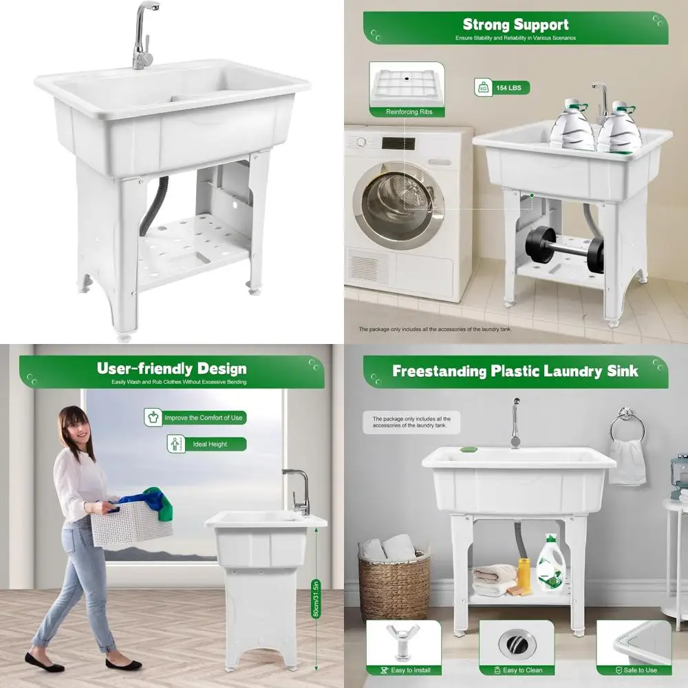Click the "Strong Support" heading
click(515, 25)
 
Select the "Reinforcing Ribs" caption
click(409, 111)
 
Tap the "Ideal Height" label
click(209, 444)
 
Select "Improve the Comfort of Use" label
click(204, 418)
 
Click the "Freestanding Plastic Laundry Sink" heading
click(515, 372)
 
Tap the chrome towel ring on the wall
click(627, 425)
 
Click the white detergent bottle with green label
click(550, 566)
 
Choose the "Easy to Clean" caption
click(522, 670)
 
